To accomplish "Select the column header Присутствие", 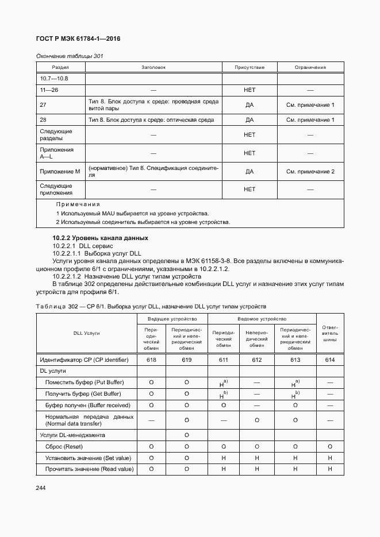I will (250, 67).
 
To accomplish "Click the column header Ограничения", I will (310, 67).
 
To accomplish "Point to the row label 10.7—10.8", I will (53, 78).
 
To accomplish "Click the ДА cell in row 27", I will (250, 105).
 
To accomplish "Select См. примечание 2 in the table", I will (310, 171).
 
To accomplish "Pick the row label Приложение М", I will (60, 171).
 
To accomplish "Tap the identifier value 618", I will (151, 360).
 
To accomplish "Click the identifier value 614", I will (330, 360).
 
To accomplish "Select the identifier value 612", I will (256, 360).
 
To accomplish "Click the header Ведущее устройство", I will (172, 318).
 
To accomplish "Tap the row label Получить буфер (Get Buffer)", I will (83, 393).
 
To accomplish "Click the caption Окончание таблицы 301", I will (70, 56).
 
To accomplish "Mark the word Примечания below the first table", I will (78, 204).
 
